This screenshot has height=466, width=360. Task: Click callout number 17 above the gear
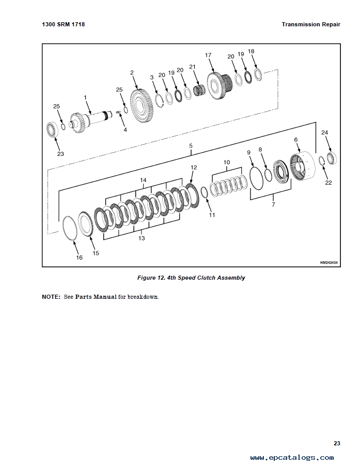208,55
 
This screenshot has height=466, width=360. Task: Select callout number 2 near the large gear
132,73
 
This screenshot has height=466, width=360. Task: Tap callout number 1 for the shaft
85,97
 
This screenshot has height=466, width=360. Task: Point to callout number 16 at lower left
79,258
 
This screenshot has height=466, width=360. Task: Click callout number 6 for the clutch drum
296,139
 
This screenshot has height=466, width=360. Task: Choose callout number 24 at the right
324,133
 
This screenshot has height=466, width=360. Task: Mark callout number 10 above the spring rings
226,162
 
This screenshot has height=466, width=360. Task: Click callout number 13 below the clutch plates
141,238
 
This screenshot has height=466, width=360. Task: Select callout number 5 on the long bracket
191,146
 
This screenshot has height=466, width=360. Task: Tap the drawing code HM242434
328,263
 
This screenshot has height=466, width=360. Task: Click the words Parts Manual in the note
96,297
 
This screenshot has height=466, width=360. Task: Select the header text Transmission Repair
311,24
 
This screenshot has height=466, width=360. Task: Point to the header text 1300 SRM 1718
63,24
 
